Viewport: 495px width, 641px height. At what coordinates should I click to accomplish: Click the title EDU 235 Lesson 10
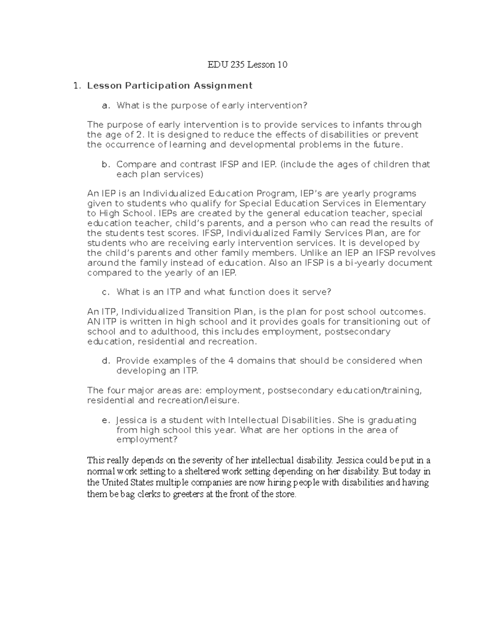(x=247, y=65)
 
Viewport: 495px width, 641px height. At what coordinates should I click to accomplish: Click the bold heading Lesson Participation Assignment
(x=170, y=85)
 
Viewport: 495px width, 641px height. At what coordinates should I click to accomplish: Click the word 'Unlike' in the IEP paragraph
(x=312, y=253)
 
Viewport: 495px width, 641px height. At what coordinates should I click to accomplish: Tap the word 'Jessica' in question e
(x=132, y=420)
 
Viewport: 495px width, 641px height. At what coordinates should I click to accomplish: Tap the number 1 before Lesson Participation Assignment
(x=75, y=86)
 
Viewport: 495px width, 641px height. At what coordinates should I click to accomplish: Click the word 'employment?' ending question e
(x=147, y=440)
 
